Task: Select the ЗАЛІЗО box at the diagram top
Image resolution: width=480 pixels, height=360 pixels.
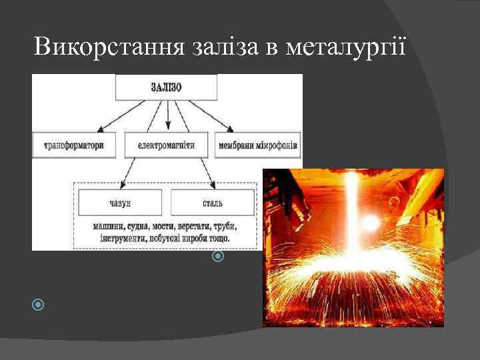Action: pyautogui.click(x=167, y=87)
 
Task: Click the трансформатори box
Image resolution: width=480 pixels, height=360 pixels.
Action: pyautogui.click(x=73, y=145)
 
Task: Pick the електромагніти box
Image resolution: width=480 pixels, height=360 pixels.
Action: pyautogui.click(x=167, y=145)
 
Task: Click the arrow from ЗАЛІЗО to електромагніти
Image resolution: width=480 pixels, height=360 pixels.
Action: pyautogui.click(x=167, y=116)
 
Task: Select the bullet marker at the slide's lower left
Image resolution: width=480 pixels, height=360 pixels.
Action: pyautogui.click(x=38, y=305)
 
